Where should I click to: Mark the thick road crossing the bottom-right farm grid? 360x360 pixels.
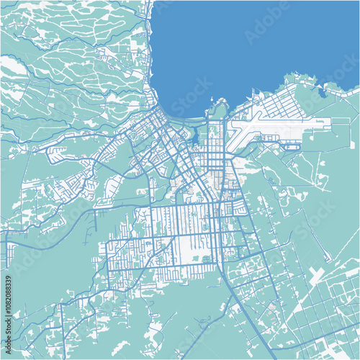click(317, 317)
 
